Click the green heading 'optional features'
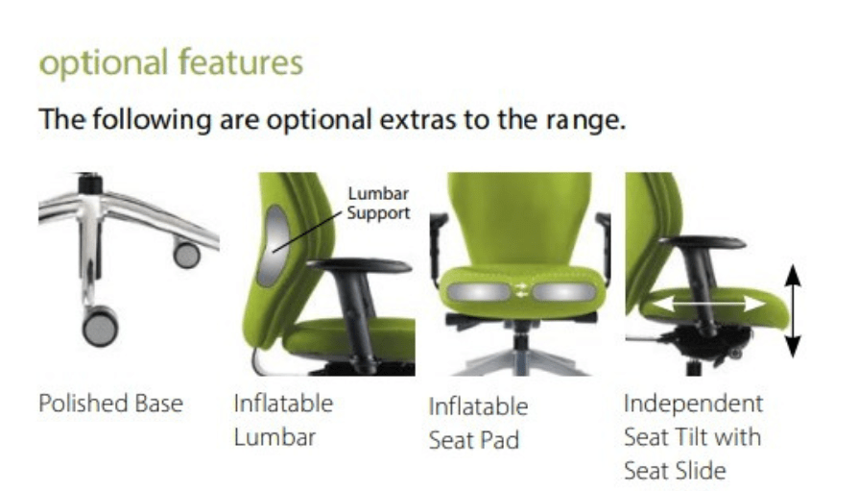tap(171, 62)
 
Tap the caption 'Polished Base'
tap(110, 404)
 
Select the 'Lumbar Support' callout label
tap(378, 203)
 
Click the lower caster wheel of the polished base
tap(100, 327)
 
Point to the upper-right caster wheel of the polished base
tap(186, 255)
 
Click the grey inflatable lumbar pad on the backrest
tap(274, 246)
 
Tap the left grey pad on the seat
tap(478, 291)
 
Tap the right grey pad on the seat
tap(563, 291)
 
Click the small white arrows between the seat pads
tap(521, 290)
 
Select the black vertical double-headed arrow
tap(793, 310)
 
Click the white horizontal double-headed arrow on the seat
tap(708, 303)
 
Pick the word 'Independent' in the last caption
tap(693, 404)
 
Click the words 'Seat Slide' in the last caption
tap(675, 471)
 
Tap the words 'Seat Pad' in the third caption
tap(474, 440)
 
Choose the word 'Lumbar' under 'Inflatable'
tap(274, 437)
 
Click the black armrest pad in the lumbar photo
tap(358, 266)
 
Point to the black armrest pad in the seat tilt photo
tap(702, 242)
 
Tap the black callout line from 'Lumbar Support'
tap(307, 232)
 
